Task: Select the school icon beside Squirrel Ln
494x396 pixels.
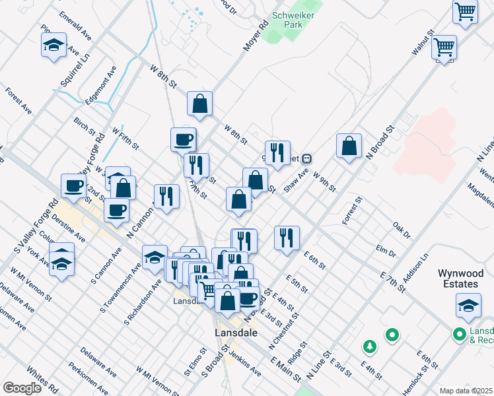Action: tap(54, 45)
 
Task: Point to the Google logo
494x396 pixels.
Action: tap(22, 388)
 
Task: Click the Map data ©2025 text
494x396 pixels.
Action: tap(466, 391)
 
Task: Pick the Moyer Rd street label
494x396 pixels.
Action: tap(256, 36)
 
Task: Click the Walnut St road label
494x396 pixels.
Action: tap(421, 42)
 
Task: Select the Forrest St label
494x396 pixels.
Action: tap(353, 211)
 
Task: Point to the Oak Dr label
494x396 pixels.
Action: tap(402, 230)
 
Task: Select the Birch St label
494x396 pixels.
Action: tap(85, 123)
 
